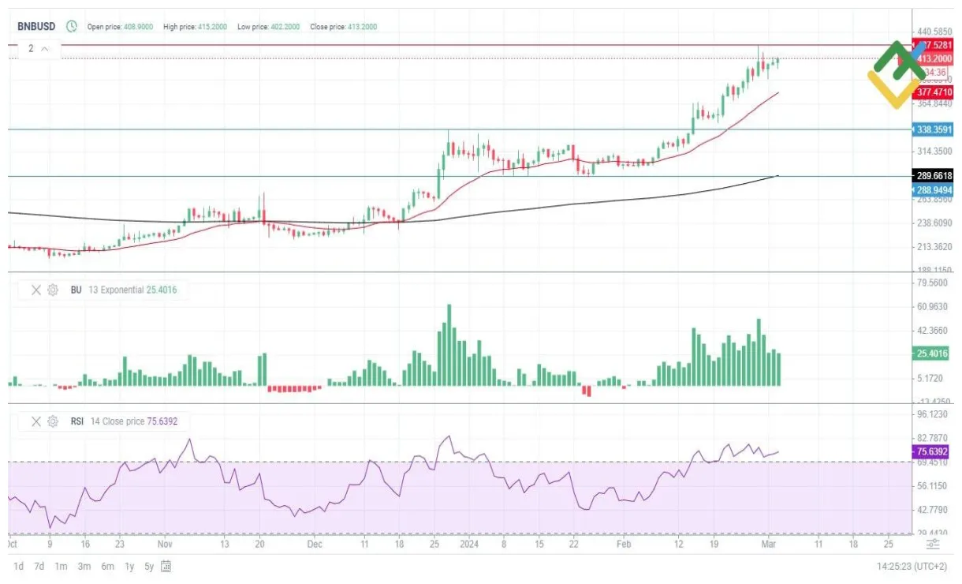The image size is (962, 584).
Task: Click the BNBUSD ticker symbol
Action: pyautogui.click(x=36, y=27)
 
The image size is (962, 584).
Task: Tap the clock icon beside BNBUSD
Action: pyautogui.click(x=72, y=27)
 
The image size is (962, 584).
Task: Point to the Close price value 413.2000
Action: pyautogui.click(x=360, y=27)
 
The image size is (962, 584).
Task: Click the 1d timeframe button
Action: pyautogui.click(x=18, y=566)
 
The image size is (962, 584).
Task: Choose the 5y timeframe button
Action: pyautogui.click(x=150, y=566)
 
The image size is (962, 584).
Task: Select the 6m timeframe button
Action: pyautogui.click(x=107, y=566)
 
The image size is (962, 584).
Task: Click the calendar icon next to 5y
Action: pyautogui.click(x=166, y=566)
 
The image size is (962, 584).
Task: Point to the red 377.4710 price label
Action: pyautogui.click(x=934, y=92)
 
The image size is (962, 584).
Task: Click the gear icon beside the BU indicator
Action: pyautogui.click(x=53, y=290)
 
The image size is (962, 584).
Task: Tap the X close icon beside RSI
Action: pyautogui.click(x=35, y=421)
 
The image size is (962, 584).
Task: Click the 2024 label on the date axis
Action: pyautogui.click(x=468, y=545)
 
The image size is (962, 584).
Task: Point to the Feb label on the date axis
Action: pyautogui.click(x=624, y=545)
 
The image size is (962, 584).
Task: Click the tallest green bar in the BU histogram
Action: pyautogui.click(x=449, y=345)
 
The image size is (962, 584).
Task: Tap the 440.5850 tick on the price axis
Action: pyautogui.click(x=934, y=31)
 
